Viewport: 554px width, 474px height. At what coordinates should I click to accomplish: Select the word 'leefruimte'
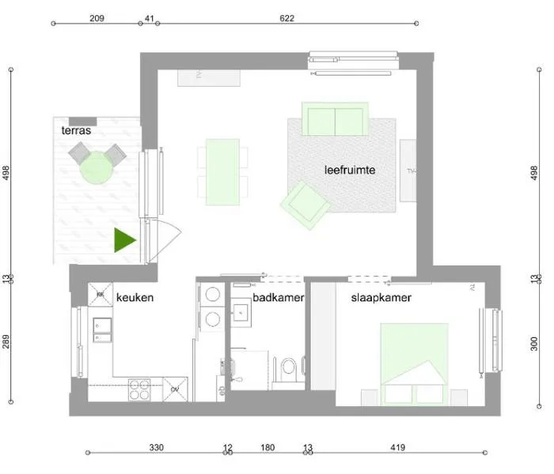349,170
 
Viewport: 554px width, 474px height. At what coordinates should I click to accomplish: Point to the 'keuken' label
135,298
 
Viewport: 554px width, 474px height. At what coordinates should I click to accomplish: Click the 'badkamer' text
274,298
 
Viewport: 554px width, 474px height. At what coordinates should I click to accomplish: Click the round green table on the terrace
96,167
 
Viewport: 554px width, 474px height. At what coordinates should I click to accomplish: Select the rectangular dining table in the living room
222,171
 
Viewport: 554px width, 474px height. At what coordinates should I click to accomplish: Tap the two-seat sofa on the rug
336,118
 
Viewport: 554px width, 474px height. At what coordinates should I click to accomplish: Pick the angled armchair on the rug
305,202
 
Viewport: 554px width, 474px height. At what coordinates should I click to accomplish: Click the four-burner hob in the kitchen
140,389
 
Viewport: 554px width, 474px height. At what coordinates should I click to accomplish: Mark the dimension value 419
397,448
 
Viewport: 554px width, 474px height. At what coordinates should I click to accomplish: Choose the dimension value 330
156,448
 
